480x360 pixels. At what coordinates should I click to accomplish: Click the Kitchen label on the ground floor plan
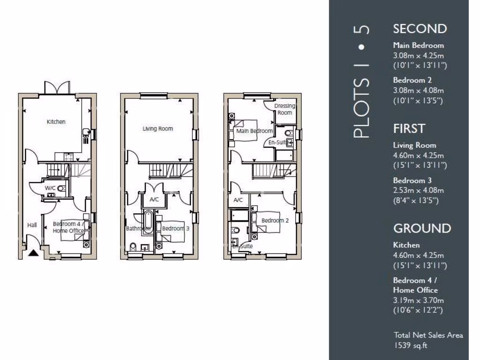coord(56,122)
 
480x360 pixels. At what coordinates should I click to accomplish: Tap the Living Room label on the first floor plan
coord(158,129)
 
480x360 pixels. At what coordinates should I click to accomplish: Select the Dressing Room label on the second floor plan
coord(284,109)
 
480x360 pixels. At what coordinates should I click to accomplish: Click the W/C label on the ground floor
coord(50,188)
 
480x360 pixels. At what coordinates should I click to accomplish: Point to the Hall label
coord(32,225)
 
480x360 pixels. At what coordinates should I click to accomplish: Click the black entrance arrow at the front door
coord(33,254)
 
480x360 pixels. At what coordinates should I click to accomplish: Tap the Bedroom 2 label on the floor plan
coord(275,220)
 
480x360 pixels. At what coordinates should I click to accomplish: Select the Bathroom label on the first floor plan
coord(137,229)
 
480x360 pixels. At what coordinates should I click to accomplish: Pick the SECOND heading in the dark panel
coord(420,29)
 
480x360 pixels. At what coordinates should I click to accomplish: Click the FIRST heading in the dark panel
coord(409,128)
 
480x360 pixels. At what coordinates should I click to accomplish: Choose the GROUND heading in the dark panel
coord(422,228)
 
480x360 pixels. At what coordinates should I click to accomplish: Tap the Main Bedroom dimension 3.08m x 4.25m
coord(418,55)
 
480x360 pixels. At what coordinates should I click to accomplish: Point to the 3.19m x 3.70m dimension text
coord(418,300)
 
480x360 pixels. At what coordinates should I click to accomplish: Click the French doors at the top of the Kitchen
coord(57,88)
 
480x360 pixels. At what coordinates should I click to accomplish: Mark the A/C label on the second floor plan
coord(238,201)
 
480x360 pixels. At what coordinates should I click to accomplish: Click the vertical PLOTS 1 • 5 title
coord(361,82)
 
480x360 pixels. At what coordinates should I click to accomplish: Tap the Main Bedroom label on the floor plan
coord(255,131)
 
